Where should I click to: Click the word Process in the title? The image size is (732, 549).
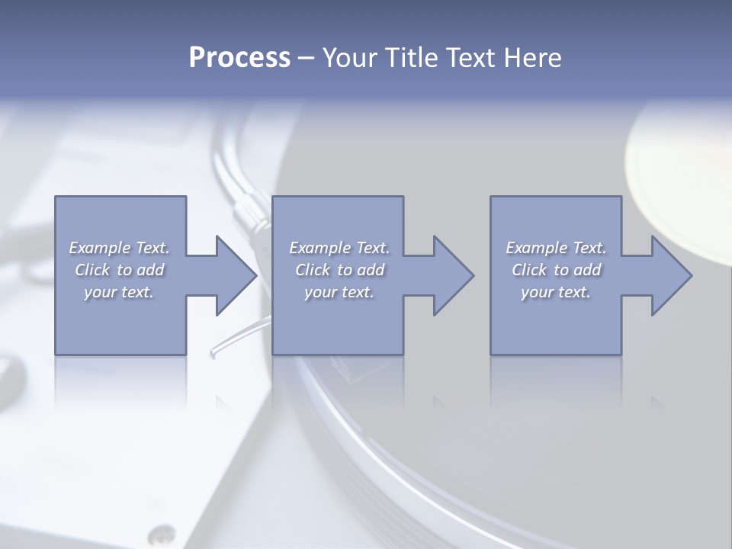tap(239, 58)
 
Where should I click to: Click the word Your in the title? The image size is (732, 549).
tap(348, 58)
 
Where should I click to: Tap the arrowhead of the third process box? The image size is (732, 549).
tap(672, 275)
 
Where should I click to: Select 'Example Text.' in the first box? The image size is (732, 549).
tap(119, 248)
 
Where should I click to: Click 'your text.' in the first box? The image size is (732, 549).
tap(119, 292)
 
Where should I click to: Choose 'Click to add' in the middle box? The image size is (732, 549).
tap(339, 270)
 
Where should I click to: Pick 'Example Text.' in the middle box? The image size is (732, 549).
tap(339, 248)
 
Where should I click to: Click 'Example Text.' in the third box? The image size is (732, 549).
tap(556, 248)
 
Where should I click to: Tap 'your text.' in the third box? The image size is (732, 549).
tap(556, 292)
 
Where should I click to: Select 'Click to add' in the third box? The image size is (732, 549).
tap(556, 270)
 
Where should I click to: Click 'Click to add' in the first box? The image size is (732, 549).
tap(119, 270)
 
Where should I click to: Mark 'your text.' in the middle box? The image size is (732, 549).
tap(339, 292)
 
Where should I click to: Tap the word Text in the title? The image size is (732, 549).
tap(467, 58)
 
